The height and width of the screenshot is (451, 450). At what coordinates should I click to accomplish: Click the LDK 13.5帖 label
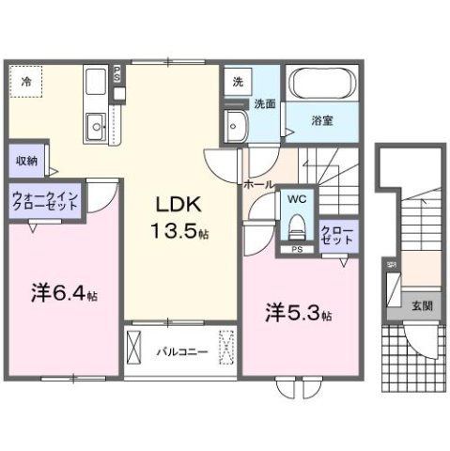coord(175,217)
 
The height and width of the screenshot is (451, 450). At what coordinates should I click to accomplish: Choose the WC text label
coord(297,199)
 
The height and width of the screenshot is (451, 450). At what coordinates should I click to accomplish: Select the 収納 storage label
coord(26,161)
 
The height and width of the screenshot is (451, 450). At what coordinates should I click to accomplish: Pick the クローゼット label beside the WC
coord(337,234)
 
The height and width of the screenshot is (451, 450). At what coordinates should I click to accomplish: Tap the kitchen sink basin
coord(95,125)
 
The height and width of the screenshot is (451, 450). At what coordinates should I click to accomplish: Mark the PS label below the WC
coord(297,250)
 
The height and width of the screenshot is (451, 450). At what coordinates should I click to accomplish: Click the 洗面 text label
coord(264,105)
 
